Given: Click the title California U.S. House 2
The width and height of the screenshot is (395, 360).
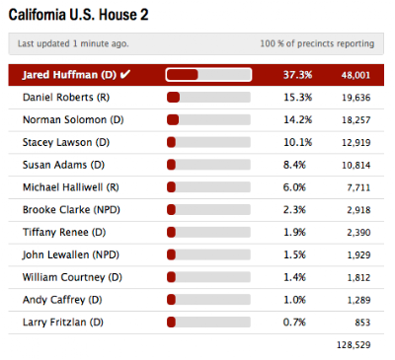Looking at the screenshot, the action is (78, 15).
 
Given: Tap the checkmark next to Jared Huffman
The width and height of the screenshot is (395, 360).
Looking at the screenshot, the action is (125, 75).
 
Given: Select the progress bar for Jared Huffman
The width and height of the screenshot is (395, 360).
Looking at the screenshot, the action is (208, 75).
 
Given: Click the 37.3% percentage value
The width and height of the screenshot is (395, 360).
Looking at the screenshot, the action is (297, 75).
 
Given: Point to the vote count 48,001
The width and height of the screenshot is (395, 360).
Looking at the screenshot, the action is (355, 75).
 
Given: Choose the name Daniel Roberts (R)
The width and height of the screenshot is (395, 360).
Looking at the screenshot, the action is (66, 98).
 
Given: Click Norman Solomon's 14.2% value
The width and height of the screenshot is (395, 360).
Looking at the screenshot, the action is (297, 119).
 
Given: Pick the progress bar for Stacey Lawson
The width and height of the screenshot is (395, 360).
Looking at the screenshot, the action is (208, 142).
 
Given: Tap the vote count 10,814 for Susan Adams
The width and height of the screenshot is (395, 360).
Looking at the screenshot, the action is (356, 165).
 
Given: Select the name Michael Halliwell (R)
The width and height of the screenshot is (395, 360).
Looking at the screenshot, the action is (71, 187).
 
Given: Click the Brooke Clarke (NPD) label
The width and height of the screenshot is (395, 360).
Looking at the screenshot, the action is (71, 210).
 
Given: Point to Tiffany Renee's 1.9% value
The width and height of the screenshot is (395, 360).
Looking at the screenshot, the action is (294, 233).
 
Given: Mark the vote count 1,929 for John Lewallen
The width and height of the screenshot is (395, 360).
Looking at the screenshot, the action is (358, 255).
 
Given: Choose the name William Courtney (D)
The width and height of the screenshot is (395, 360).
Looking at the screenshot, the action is (72, 277).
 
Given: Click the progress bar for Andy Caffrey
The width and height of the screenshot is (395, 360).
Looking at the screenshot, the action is (208, 300).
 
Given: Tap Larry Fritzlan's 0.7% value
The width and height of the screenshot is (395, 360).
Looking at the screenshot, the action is (294, 323).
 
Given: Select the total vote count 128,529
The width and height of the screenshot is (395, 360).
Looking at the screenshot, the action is (354, 345).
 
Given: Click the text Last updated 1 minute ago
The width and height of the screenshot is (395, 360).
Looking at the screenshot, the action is (73, 43).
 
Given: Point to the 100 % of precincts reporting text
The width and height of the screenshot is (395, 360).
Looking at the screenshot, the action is (317, 43).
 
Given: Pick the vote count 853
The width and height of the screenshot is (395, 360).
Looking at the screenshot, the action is (362, 323).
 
